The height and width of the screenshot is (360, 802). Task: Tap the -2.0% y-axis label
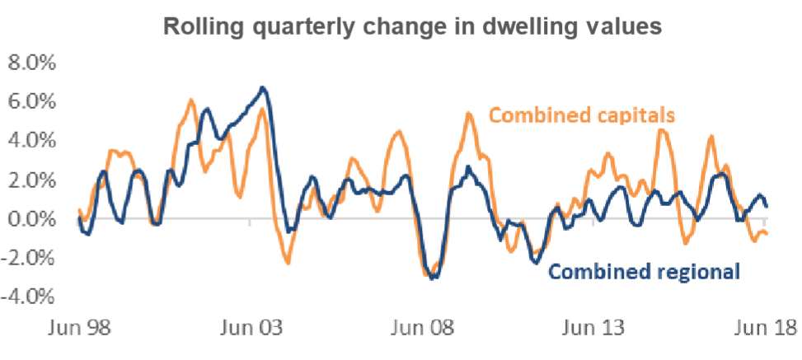30,258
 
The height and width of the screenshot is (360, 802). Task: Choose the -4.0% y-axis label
30,297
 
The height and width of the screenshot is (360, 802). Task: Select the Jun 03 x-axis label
249,329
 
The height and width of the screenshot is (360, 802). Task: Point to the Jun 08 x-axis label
421,329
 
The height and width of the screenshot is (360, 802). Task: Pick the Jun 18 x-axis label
763,329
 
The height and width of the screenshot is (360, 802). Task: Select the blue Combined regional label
643,271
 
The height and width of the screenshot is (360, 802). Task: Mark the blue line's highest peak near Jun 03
262,87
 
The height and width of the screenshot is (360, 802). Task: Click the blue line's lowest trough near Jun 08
434,278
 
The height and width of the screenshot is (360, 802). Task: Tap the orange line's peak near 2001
191,101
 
